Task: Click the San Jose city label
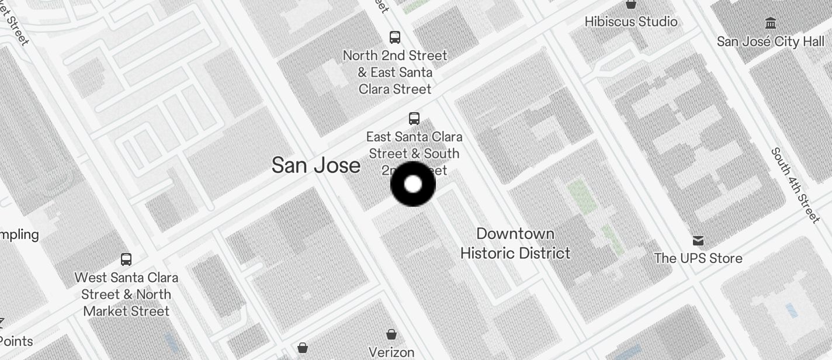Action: click(x=316, y=165)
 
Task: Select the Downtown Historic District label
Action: click(x=515, y=243)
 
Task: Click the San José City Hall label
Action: click(x=770, y=41)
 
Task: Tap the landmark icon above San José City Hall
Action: click(x=771, y=23)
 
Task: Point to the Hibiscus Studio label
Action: click(x=631, y=22)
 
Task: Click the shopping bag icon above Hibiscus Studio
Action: click(x=631, y=4)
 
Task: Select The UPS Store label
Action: click(x=698, y=258)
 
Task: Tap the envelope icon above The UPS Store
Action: click(x=698, y=241)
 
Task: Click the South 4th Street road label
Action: click(x=795, y=185)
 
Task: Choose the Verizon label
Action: click(x=391, y=352)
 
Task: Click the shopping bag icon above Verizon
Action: click(x=391, y=334)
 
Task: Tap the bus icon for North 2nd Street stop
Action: click(x=395, y=37)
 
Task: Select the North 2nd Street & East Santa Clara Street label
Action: click(x=395, y=72)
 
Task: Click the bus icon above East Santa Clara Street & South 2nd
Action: click(x=414, y=119)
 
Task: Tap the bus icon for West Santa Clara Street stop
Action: click(x=126, y=259)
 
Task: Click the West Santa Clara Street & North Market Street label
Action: click(x=126, y=294)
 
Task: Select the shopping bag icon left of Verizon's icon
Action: click(x=303, y=348)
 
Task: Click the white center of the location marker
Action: click(x=413, y=184)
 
